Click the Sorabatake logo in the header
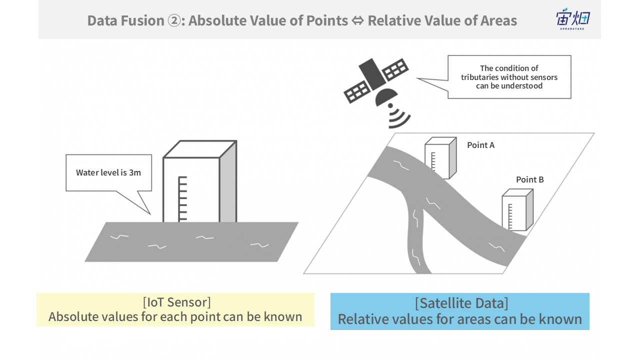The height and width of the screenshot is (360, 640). click(x=572, y=18)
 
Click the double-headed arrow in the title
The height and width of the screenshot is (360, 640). click(x=357, y=20)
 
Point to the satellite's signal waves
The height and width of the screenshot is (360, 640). click(x=399, y=116)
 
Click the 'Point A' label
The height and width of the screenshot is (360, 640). click(x=480, y=145)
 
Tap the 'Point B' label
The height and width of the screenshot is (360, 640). click(x=529, y=179)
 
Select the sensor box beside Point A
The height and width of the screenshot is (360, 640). click(x=440, y=158)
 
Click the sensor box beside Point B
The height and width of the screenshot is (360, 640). click(x=517, y=209)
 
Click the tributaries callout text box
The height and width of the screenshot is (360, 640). click(x=509, y=77)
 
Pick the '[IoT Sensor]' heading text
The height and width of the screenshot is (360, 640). click(x=177, y=302)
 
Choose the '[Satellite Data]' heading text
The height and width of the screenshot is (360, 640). click(x=461, y=303)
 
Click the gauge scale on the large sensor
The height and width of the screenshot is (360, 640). click(x=182, y=199)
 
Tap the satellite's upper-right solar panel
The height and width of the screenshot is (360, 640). click(x=395, y=69)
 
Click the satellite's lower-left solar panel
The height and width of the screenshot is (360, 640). click(x=357, y=91)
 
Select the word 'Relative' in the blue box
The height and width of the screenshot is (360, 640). click(x=361, y=319)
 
